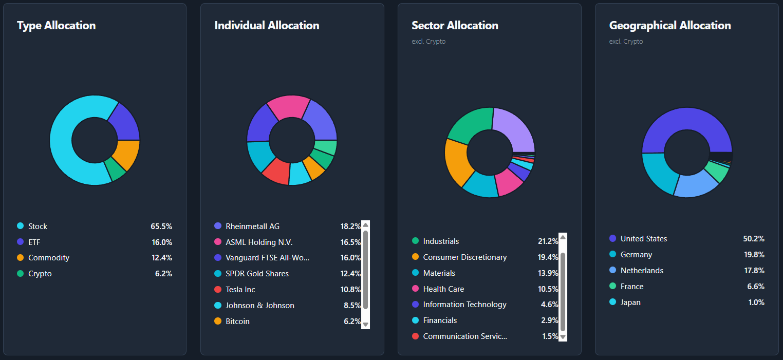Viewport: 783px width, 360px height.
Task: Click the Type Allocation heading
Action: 56,26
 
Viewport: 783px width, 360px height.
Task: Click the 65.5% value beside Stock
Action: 161,226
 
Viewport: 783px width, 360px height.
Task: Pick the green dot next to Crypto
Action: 21,274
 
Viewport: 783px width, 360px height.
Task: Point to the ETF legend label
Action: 34,242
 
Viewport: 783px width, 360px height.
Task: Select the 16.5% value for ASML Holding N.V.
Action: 350,242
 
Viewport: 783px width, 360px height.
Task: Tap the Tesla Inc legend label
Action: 240,290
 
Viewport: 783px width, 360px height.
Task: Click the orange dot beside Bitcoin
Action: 218,321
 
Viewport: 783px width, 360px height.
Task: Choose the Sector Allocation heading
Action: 455,26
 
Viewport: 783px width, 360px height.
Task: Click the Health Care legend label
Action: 443,289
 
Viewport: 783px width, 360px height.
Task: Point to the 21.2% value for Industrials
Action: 548,241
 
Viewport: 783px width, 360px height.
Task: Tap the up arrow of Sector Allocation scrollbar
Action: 563,237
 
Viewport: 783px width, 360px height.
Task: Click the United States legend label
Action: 644,239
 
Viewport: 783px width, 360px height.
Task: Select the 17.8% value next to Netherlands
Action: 754,271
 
